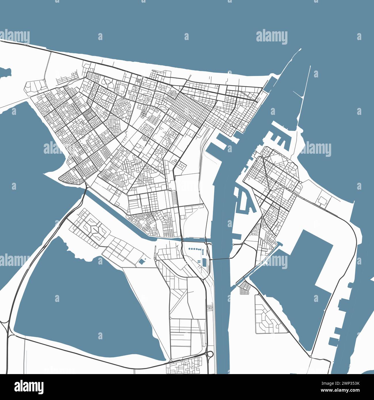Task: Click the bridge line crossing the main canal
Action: [221, 259]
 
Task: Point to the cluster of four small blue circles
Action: [199, 262]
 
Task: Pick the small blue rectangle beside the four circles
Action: [204, 262]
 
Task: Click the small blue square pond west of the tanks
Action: [142, 262]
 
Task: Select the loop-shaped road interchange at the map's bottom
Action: [210, 354]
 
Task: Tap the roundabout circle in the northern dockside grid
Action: [231, 125]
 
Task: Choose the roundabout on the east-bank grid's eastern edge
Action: [300, 182]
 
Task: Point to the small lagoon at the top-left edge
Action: [5, 72]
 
